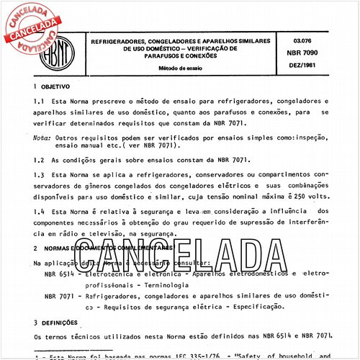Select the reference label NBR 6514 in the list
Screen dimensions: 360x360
coord(58,274)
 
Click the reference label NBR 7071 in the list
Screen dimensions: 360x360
coord(58,296)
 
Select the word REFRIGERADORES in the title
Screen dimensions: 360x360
coord(117,42)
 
